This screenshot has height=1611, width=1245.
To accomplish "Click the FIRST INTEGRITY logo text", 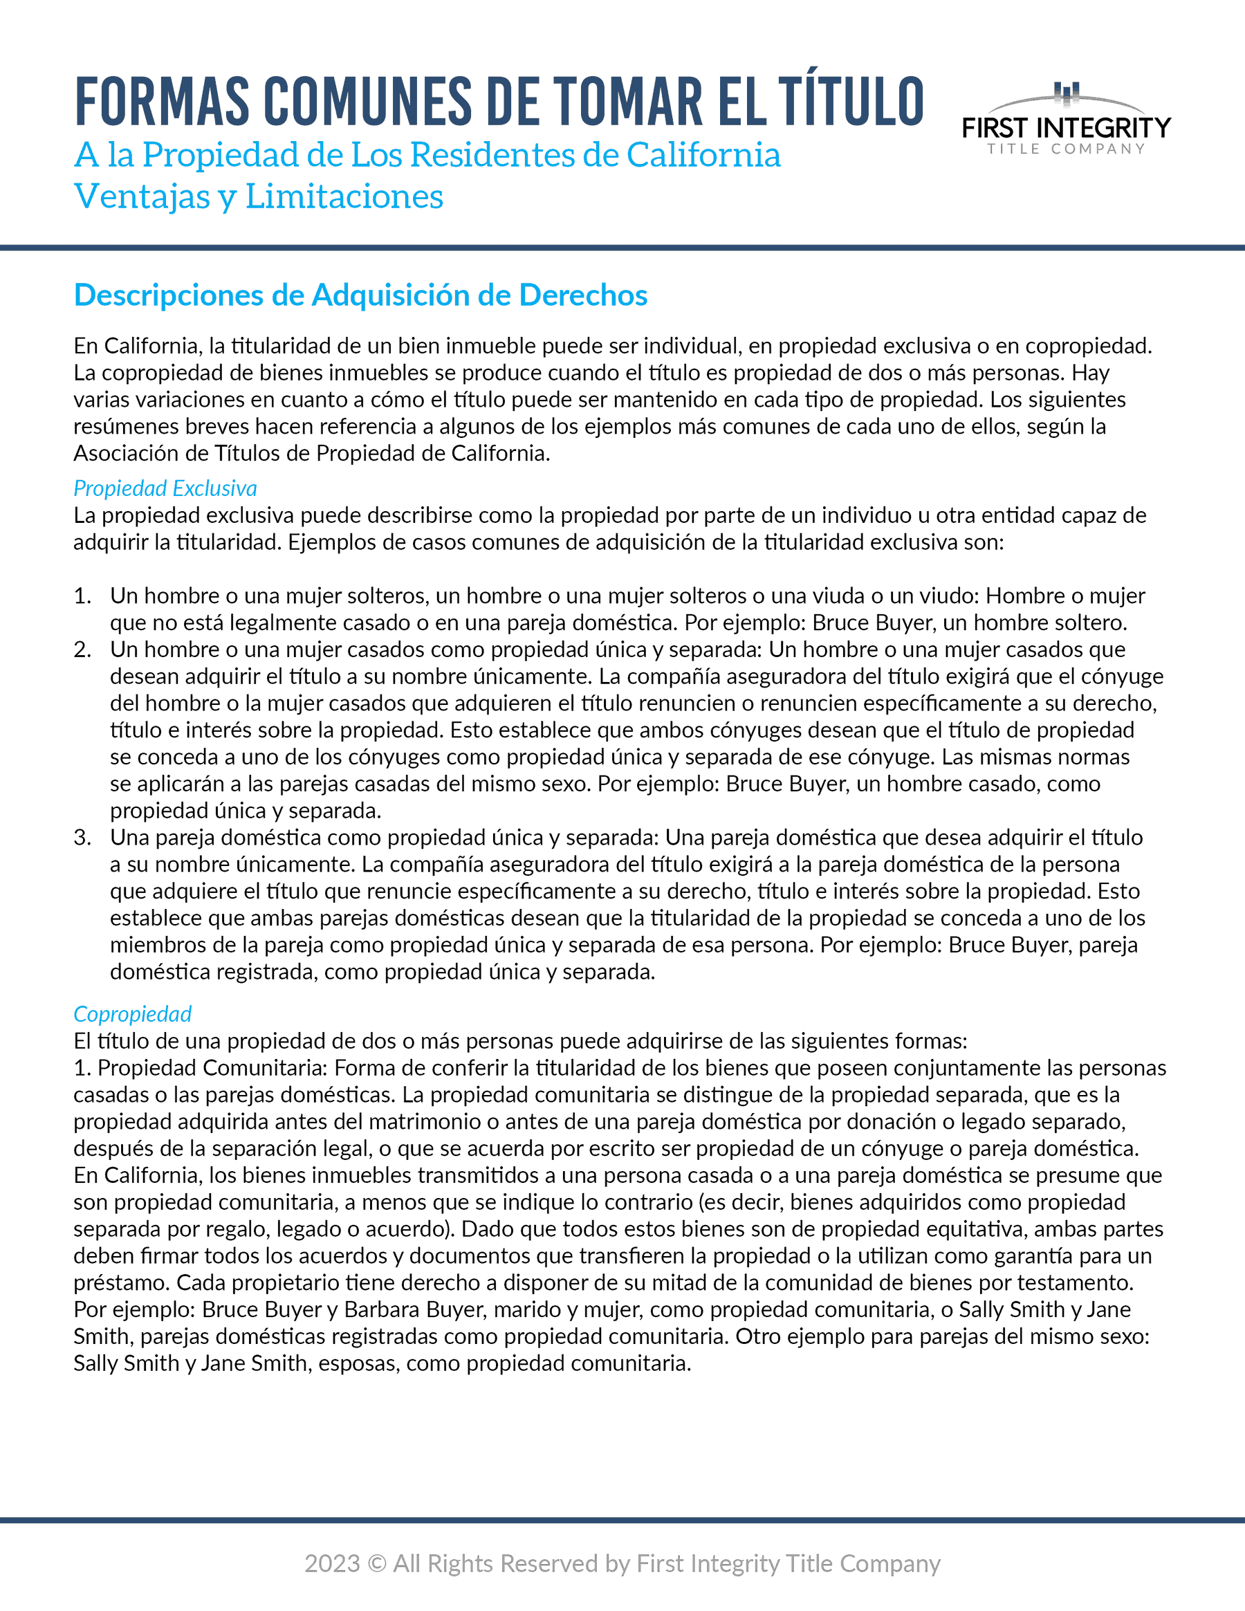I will (x=1066, y=129).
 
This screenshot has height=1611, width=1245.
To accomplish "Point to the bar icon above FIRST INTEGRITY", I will (x=1067, y=92).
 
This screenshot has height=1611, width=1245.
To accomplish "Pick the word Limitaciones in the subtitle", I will (x=344, y=197).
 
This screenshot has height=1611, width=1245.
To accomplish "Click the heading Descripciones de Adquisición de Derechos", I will (x=360, y=295).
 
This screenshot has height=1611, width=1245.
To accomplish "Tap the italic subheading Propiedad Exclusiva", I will (x=165, y=488).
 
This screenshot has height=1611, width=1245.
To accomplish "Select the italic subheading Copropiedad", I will (x=133, y=1013).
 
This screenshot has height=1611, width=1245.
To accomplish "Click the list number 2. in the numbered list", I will (x=82, y=650).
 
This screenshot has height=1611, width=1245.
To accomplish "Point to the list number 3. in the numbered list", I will (x=82, y=838).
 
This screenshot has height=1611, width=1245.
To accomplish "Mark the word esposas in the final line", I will (x=358, y=1363).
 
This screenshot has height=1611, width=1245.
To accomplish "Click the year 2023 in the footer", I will (x=333, y=1564).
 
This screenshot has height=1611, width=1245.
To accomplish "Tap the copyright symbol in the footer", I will (x=376, y=1564).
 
